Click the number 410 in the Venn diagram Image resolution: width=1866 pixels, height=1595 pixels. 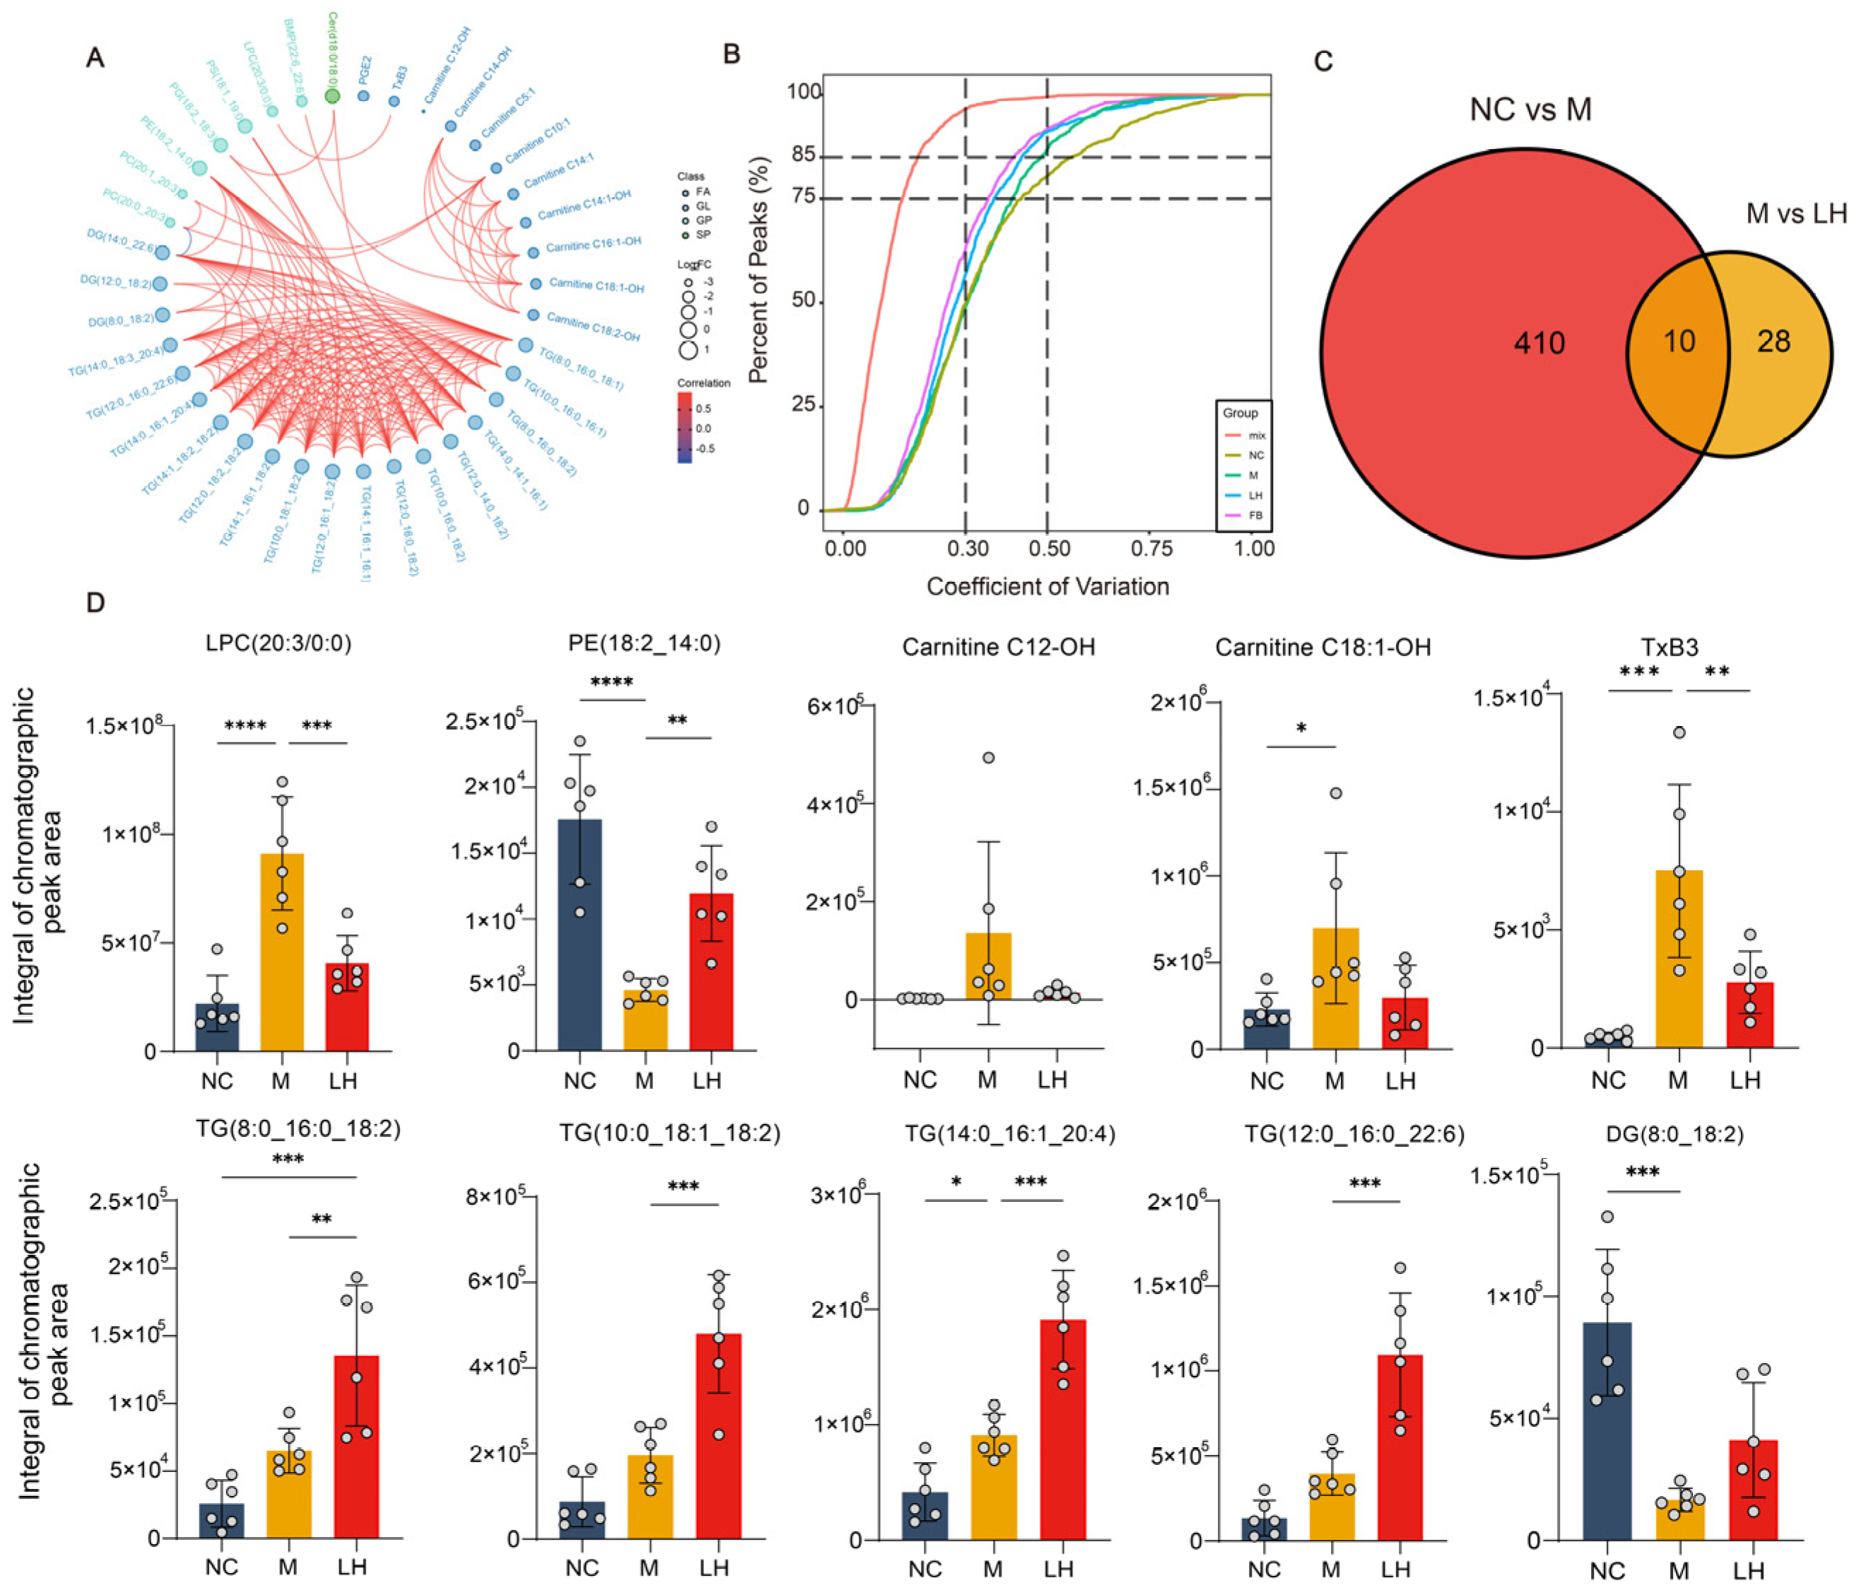coord(1539,342)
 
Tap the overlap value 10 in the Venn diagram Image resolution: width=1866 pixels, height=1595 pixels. coord(1679,341)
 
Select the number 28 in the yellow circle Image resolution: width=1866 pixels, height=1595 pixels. coord(1773,341)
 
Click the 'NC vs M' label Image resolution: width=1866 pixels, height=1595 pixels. coord(1530,110)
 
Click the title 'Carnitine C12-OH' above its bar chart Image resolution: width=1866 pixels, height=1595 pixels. coord(998,647)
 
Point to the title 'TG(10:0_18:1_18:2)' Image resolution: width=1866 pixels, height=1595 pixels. coord(669,1133)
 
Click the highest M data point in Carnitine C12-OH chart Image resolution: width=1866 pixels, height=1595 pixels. coord(988,757)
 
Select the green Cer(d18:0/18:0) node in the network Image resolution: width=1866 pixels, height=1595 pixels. coord(332,95)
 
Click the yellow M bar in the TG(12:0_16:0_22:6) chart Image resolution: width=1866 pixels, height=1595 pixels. coord(1331,1506)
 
